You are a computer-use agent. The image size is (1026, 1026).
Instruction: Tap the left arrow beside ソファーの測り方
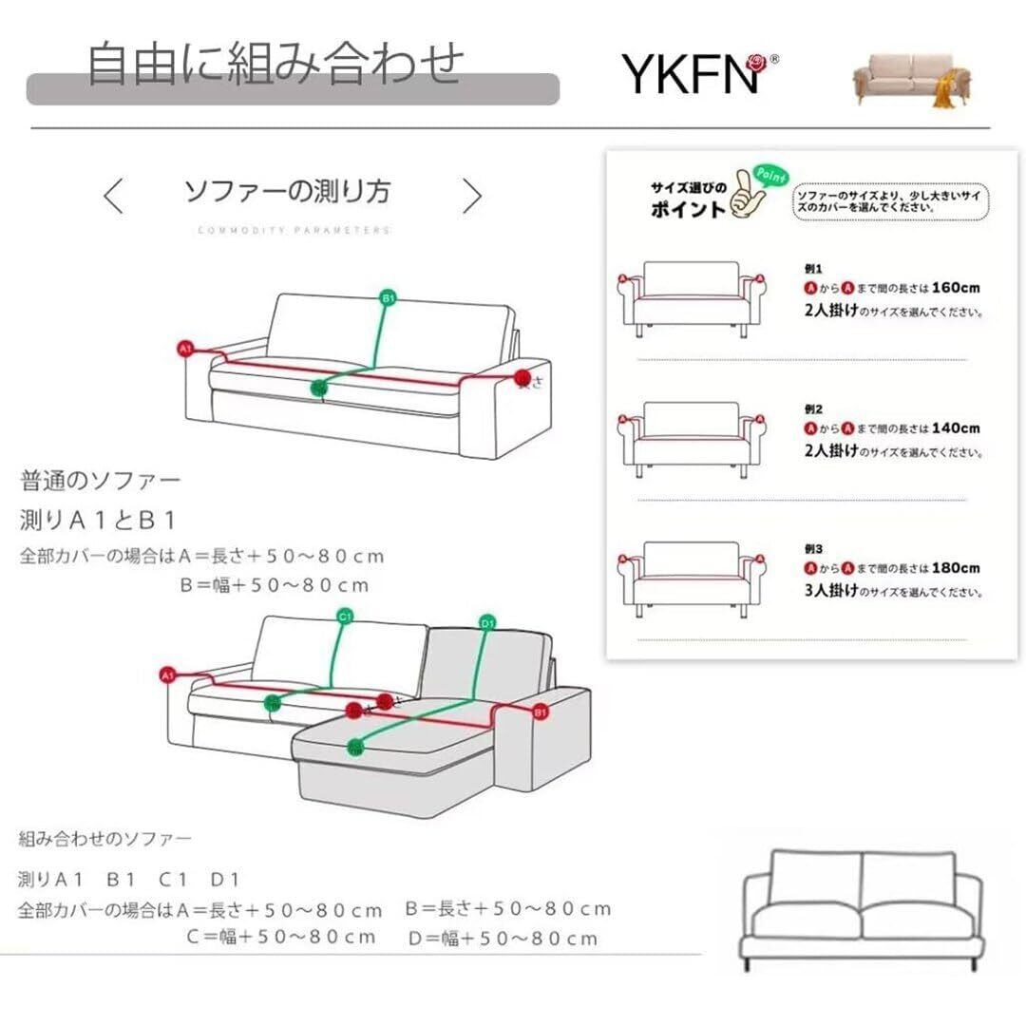point(113,196)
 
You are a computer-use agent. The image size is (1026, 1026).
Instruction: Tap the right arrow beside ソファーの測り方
point(472,196)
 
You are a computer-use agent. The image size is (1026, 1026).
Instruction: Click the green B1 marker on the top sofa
point(387,299)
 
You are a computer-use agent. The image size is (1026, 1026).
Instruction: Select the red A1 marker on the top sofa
point(186,350)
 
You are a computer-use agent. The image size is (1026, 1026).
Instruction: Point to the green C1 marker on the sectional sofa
point(345,617)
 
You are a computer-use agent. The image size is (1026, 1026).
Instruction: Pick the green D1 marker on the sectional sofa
point(487,623)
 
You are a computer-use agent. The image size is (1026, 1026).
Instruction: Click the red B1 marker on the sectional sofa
point(540,711)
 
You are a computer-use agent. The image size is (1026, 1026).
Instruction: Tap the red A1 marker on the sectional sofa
point(168,675)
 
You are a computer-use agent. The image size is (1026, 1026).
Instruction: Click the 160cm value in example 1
point(956,287)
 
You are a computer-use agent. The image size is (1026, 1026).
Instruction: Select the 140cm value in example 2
point(956,428)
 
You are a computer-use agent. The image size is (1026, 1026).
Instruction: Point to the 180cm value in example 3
point(956,568)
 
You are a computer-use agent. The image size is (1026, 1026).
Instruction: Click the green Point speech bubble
point(766,170)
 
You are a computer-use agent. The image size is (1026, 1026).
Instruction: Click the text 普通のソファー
point(100,480)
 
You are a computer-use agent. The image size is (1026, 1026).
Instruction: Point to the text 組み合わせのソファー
point(104,839)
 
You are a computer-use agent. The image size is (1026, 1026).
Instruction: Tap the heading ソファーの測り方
point(287,191)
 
